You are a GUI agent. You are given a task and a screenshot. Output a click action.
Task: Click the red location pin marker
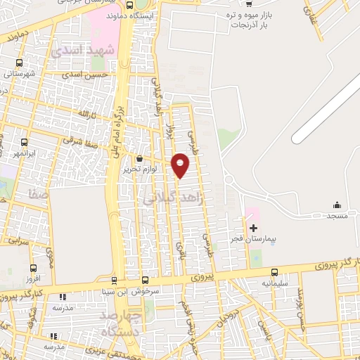point(181,165)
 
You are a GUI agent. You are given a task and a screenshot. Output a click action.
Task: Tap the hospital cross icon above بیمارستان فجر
point(254,228)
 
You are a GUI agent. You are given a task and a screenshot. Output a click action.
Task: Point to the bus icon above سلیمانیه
point(274,272)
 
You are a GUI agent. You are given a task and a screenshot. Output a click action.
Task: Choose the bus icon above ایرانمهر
point(25,141)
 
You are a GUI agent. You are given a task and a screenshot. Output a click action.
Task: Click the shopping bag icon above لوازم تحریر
point(139,159)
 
